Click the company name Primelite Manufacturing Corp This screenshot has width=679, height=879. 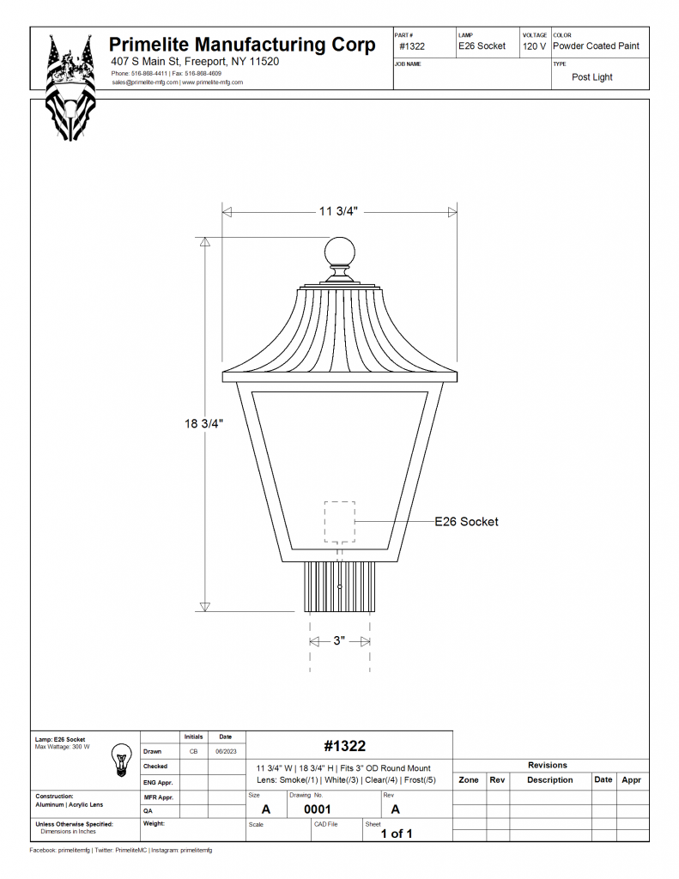[242, 45]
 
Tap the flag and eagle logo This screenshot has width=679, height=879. [71, 86]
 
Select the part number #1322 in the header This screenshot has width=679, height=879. [412, 46]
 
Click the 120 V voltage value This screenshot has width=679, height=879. [534, 46]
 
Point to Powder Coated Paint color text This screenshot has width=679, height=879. [596, 46]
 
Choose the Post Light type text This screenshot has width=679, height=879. [592, 77]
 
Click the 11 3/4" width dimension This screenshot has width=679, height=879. [338, 212]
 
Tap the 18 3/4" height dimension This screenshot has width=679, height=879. [204, 423]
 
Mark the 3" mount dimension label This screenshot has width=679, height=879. [339, 640]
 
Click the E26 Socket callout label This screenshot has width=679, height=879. [466, 521]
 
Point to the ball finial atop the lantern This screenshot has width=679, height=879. [339, 252]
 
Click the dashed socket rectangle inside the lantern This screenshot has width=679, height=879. [339, 521]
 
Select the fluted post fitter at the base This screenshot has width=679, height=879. [340, 585]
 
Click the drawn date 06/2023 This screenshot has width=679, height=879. [225, 751]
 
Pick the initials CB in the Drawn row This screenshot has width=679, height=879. [193, 751]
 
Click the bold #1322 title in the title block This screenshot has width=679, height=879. [345, 746]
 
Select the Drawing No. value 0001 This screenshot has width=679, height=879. [318, 809]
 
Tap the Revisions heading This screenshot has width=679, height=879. [548, 765]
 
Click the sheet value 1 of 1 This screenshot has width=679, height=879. [397, 834]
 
